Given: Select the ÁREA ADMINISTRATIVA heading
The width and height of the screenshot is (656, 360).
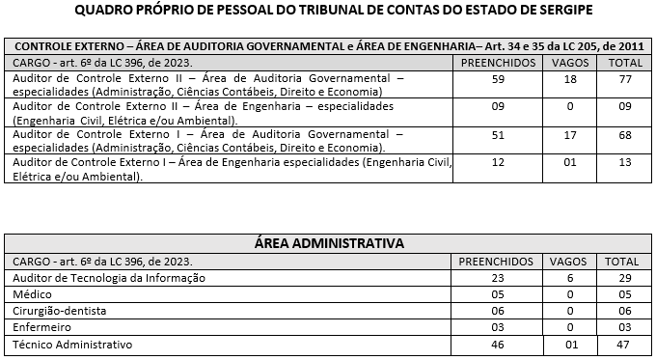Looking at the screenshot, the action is tap(328, 242).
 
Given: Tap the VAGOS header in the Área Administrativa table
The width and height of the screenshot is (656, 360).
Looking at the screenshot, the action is tap(567, 261).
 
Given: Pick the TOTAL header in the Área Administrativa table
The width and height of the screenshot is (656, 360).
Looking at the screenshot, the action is tap(621, 261).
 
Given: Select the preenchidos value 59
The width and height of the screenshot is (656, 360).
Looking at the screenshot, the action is tap(498, 79).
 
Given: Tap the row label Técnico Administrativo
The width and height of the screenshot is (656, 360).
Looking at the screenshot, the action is tap(72, 344).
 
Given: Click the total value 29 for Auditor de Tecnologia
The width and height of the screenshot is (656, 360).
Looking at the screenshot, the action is tap(621, 278).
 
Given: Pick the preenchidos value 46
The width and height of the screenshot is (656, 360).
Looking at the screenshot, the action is tap(498, 344).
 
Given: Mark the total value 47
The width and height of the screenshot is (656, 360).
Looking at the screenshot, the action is tap(621, 344).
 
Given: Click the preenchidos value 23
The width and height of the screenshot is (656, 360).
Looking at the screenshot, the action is tap(498, 278).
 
